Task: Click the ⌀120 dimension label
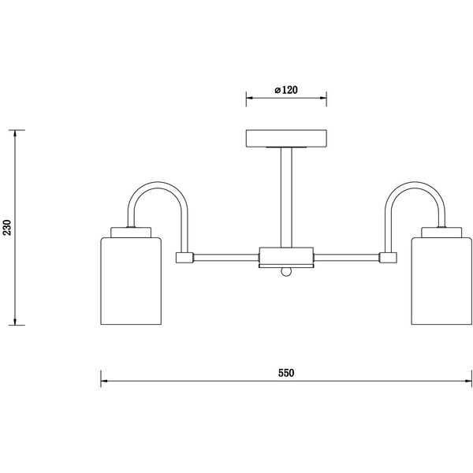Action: click(x=286, y=90)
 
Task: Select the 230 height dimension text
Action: click(x=7, y=228)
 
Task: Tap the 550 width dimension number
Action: click(x=286, y=373)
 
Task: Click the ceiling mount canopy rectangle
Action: click(x=286, y=139)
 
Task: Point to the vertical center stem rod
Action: click(x=286, y=198)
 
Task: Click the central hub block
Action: click(x=286, y=256)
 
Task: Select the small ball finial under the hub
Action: click(x=286, y=271)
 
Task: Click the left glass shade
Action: click(x=131, y=281)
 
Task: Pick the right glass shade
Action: click(x=441, y=281)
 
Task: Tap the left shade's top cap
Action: click(x=131, y=233)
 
